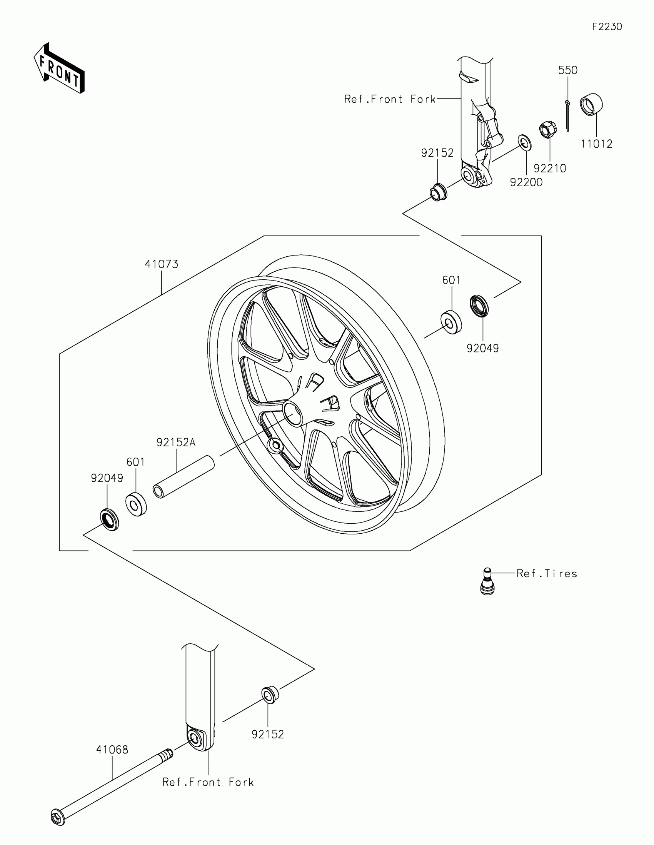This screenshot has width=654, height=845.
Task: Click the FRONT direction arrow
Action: tap(59, 68)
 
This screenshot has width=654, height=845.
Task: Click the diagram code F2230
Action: tap(607, 27)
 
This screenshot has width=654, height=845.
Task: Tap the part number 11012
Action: tap(596, 144)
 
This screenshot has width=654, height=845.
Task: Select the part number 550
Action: tap(567, 70)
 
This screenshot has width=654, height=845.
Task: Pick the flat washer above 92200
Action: tap(525, 143)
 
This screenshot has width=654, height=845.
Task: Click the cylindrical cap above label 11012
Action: tap(591, 104)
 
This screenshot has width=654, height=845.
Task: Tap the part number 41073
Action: tap(162, 264)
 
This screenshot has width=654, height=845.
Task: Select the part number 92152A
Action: tap(176, 442)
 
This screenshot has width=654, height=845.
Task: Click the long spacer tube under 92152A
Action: tap(184, 477)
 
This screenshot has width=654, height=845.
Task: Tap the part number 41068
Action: tap(112, 750)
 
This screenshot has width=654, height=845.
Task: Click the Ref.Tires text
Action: tap(547, 573)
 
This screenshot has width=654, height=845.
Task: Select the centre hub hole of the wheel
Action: tap(293, 414)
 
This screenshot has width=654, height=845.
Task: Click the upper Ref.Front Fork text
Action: tap(390, 99)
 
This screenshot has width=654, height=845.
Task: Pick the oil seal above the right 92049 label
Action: tap(479, 306)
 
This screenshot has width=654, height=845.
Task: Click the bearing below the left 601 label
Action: tap(136, 504)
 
